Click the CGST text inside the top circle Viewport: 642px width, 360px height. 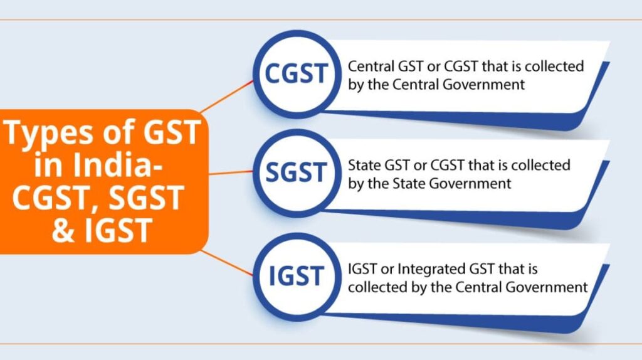click(x=297, y=73)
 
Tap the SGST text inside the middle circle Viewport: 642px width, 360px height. click(x=297, y=172)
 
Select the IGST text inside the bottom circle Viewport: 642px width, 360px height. click(x=297, y=275)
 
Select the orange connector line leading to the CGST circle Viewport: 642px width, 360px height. click(x=226, y=96)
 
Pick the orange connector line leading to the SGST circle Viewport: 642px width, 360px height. click(x=231, y=172)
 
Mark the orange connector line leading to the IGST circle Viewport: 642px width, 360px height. click(x=227, y=263)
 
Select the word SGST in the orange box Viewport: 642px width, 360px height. click(x=147, y=198)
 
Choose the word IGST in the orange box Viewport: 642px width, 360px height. click(x=118, y=230)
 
